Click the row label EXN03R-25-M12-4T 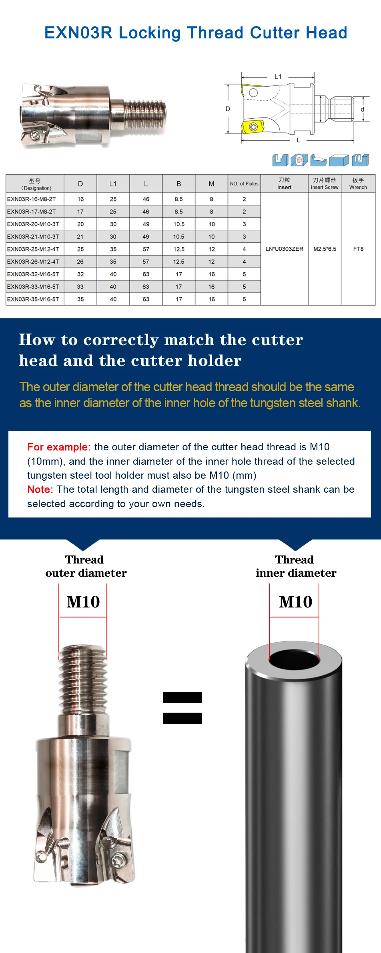33,249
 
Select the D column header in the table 80,184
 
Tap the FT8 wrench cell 358,249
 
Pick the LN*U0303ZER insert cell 285,249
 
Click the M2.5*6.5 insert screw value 325,249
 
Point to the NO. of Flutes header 244,184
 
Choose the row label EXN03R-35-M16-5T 33,299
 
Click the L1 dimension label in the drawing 278,76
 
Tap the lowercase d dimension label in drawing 363,109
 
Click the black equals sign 182,708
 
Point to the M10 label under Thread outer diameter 83,602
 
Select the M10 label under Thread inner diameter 296,602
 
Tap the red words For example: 59,447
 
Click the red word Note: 40,489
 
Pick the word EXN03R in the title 78,33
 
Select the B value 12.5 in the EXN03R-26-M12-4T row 178,262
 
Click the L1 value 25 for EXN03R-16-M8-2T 113,199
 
